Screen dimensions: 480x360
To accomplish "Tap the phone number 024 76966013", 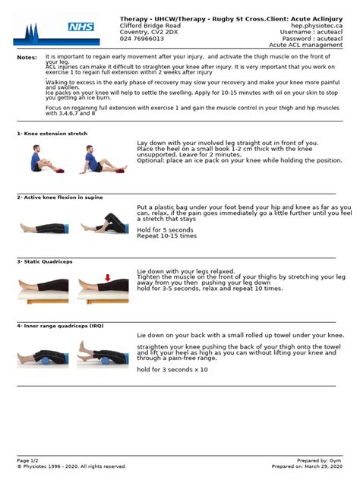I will tap(142, 39).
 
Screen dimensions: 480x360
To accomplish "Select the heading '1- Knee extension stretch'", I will tap(52, 134).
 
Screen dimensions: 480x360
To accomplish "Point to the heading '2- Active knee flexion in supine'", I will tap(60, 197).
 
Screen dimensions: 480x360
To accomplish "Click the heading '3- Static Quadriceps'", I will tap(44, 261).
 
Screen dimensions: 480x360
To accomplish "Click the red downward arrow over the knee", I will tap(108, 278).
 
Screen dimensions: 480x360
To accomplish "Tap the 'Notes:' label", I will tap(27, 57).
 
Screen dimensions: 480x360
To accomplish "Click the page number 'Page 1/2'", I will tap(28, 460).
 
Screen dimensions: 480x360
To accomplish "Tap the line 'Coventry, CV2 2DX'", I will tap(147, 32).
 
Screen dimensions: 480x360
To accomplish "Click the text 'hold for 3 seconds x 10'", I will tap(172, 369).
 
